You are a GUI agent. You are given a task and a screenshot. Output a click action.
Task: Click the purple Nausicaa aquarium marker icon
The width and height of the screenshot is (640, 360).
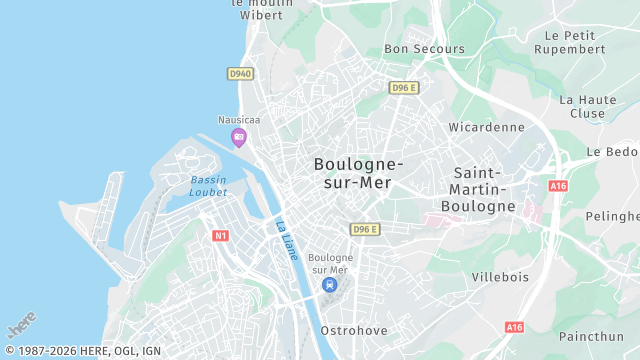238,137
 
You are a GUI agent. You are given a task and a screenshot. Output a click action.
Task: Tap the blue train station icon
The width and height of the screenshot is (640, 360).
329,284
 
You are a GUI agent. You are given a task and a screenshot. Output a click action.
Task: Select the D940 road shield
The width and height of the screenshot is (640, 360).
240,73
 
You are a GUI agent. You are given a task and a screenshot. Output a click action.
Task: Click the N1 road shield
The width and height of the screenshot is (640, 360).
221,236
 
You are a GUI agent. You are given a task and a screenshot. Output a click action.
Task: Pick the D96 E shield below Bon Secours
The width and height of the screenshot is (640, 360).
403,88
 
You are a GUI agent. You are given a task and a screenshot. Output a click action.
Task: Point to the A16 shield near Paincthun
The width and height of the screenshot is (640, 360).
514,327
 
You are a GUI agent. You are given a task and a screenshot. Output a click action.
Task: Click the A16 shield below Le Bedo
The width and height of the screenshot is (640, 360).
558,186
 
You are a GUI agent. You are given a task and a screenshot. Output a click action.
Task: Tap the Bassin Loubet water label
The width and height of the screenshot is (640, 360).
208,186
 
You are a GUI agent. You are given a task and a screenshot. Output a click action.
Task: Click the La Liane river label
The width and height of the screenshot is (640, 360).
287,240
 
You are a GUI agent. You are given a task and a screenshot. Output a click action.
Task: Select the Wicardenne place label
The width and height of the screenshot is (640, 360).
487,127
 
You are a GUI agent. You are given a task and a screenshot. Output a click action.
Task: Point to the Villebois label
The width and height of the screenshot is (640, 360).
500,276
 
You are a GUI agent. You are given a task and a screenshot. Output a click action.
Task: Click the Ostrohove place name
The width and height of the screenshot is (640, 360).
353,329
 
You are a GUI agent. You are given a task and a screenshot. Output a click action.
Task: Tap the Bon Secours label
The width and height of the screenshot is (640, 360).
424,49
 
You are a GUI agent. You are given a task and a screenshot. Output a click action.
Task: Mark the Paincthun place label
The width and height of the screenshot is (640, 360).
599,338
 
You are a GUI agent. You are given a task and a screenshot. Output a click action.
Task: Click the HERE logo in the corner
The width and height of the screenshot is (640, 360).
21,327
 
